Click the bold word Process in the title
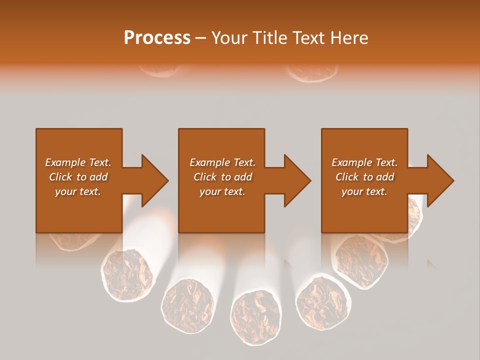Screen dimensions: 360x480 point(157,38)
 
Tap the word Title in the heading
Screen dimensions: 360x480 point(269,38)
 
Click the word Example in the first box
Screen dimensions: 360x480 point(64,162)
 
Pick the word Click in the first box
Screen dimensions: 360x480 point(60,177)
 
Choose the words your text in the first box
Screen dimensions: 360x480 point(78,191)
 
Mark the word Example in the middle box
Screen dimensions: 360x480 point(209,162)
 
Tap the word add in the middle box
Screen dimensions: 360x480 point(242,177)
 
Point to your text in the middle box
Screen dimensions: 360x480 point(222,191)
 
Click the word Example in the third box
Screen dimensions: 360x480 point(351,162)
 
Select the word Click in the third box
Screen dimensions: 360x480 point(347,177)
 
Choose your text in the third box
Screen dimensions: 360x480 point(364,191)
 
